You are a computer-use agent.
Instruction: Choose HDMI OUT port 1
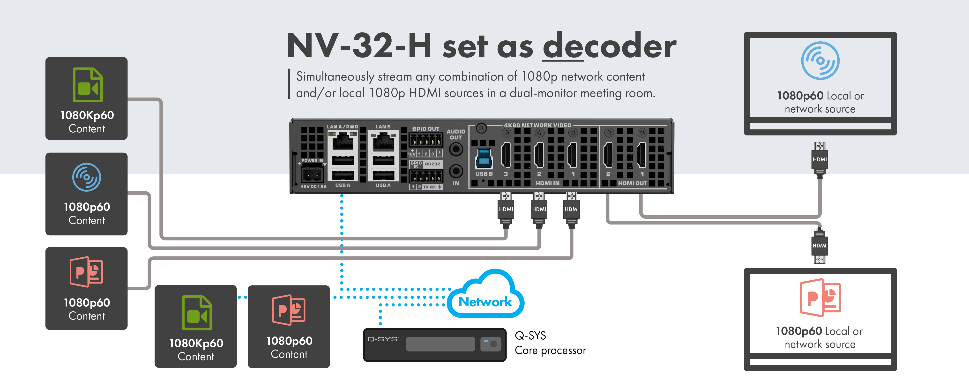tap(641, 155)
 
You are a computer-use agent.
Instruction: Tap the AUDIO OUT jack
tap(456, 149)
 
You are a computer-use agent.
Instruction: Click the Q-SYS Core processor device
tap(434, 344)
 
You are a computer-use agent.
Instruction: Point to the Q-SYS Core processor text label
tap(550, 343)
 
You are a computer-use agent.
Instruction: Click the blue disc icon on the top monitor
tap(820, 60)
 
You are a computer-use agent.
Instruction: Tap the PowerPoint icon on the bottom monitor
tap(820, 297)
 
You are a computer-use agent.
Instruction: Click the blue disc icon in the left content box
tap(87, 177)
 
